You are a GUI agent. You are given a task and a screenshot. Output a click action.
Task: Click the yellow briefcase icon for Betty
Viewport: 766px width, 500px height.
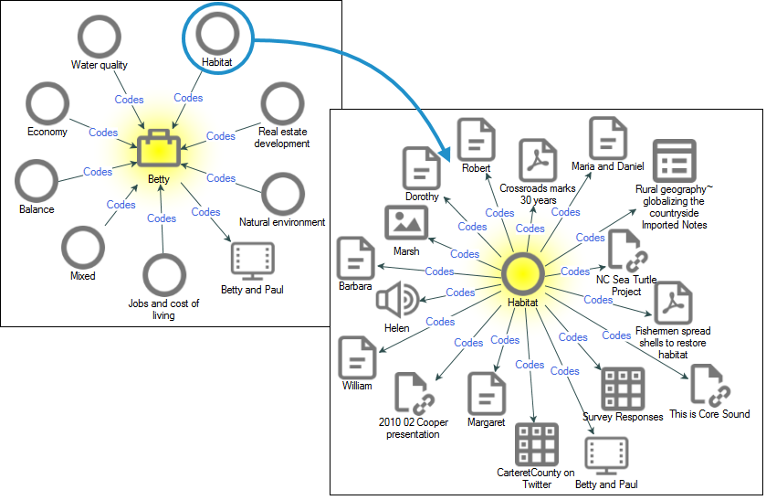pyautogui.click(x=159, y=150)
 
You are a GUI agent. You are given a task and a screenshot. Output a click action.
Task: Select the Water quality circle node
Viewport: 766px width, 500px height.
pyautogui.click(x=100, y=37)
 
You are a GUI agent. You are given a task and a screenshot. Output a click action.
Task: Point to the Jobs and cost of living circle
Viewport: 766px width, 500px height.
pyautogui.click(x=164, y=275)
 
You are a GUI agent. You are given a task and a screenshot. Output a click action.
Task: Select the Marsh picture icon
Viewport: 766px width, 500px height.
pyautogui.click(x=406, y=224)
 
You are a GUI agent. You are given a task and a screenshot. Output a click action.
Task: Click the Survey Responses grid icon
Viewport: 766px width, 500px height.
pyautogui.click(x=623, y=388)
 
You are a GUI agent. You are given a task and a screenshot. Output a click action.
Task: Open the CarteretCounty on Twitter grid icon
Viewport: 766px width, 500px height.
pyautogui.click(x=536, y=445)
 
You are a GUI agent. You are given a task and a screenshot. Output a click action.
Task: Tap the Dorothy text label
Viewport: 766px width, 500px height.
pyautogui.click(x=421, y=197)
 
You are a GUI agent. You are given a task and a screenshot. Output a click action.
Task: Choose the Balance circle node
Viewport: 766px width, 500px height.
pyautogui.click(x=37, y=181)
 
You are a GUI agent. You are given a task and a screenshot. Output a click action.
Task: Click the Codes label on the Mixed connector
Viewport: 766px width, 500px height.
pyautogui.click(x=121, y=205)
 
